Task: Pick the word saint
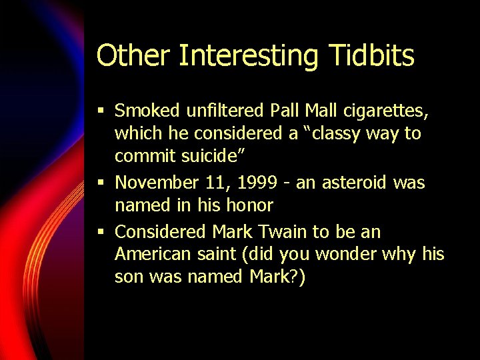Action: pos(221,255)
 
